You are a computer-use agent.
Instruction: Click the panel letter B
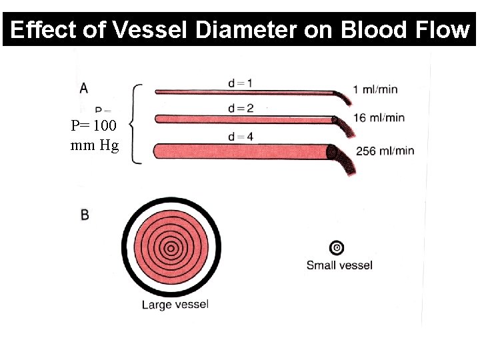coord(85,215)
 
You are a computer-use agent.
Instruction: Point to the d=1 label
coord(240,83)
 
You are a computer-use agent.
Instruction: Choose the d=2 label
coord(240,108)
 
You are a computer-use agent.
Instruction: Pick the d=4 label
coord(240,137)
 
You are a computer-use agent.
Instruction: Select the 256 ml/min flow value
coord(385,151)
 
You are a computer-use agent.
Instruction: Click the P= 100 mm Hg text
coord(95,135)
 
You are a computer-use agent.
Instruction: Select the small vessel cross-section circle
coord(337,248)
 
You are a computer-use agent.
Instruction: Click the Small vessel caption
coord(339,265)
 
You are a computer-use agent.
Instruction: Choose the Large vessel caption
coord(175,305)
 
